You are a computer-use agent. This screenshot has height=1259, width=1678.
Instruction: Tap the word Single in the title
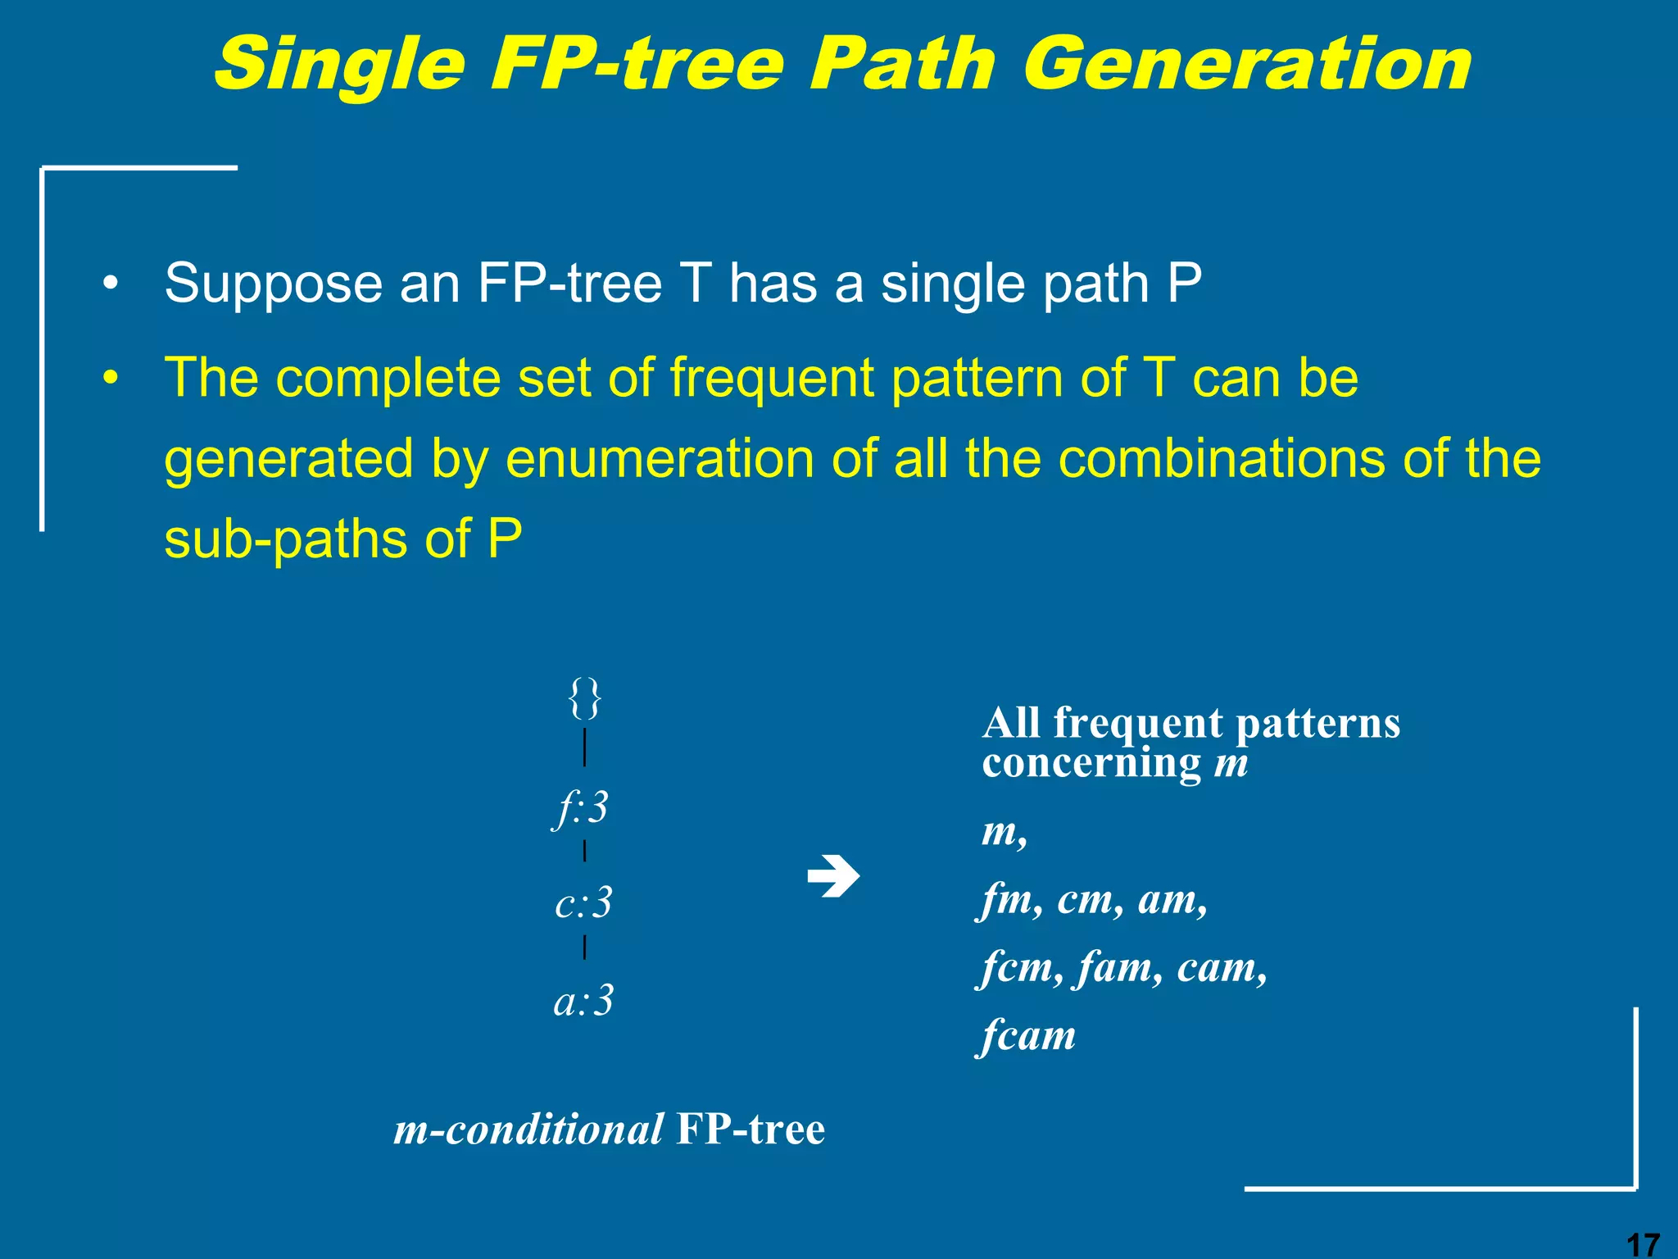[x=338, y=66]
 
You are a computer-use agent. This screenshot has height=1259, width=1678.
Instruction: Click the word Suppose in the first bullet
[x=274, y=284]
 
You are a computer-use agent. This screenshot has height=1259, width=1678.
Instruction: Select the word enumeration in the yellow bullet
[x=659, y=458]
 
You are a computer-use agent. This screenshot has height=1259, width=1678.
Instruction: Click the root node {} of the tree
[x=584, y=698]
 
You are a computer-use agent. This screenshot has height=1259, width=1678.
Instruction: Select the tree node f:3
[x=581, y=808]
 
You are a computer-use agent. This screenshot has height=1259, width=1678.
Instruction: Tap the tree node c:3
[x=583, y=903]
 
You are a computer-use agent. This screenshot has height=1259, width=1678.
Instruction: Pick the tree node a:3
[x=583, y=1001]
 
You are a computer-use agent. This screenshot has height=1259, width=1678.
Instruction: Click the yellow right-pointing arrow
[x=833, y=877]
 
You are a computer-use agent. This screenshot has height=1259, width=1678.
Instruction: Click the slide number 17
[x=1642, y=1244]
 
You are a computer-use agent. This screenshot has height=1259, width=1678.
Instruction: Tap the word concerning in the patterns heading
[x=1091, y=763]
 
